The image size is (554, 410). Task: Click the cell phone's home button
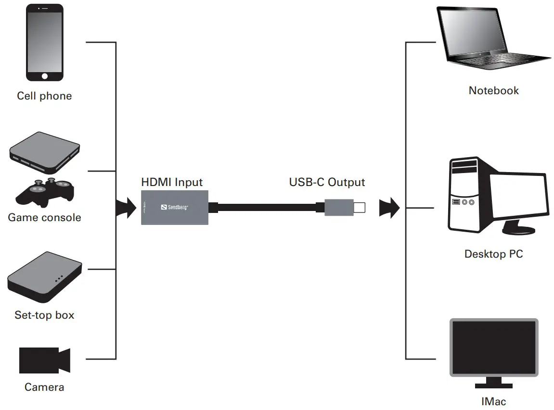pos(44,76)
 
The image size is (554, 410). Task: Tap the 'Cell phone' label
pos(44,96)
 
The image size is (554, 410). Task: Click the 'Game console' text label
pos(44,218)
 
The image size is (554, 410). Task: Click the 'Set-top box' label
pos(44,315)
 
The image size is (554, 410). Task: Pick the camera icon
pos(44,360)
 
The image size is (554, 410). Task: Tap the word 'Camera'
pos(44,387)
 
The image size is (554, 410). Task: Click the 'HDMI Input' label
pos(172,183)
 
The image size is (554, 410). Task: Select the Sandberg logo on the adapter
pos(174,207)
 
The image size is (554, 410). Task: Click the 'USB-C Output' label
pos(327,183)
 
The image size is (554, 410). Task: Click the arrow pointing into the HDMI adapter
pos(126,208)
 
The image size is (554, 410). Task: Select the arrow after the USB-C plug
pos(389,208)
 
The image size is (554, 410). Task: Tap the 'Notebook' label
pos(493,91)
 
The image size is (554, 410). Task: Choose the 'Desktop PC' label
pos(493,254)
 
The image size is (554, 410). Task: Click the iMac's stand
pos(493,382)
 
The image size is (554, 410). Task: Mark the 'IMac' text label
pos(493,401)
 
